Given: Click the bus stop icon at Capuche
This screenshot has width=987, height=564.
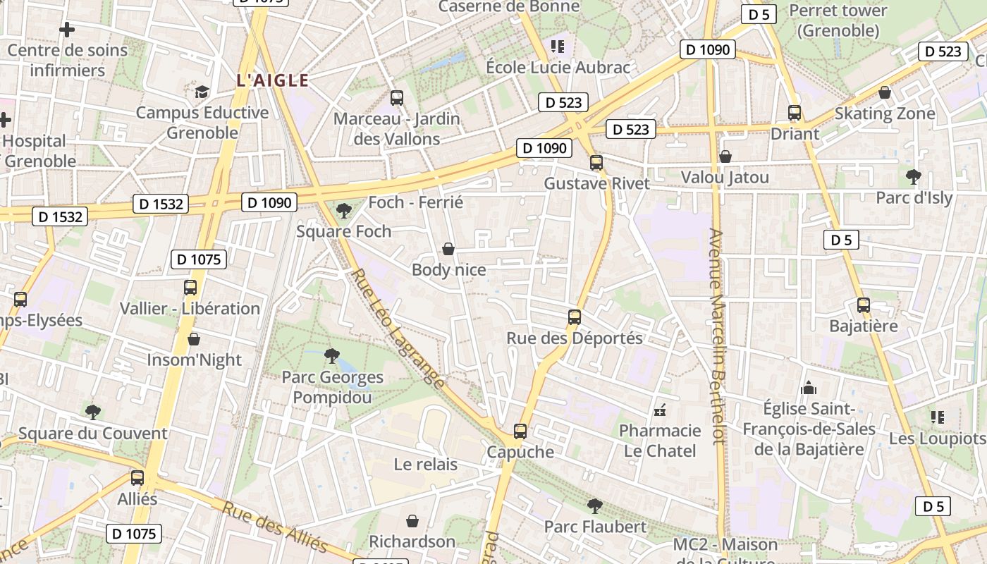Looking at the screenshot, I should tap(520, 431).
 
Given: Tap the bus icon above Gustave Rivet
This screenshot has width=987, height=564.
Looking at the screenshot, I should tap(596, 163).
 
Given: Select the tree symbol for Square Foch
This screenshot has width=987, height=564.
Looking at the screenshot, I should tap(344, 210).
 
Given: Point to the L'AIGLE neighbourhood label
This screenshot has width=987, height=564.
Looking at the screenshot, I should tap(273, 80).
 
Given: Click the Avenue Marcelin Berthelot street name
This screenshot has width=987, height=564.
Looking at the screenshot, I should tap(717, 336).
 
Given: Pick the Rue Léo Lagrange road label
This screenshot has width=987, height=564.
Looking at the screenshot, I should tap(398, 329).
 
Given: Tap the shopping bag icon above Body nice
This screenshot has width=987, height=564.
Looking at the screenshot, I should tap(448, 249).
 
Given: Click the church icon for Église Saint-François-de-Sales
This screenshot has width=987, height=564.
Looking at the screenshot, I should tap(809, 388).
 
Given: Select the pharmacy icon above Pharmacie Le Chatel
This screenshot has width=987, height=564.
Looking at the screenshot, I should tap(661, 410).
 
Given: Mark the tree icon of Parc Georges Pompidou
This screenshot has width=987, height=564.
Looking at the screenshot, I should tap(331, 356).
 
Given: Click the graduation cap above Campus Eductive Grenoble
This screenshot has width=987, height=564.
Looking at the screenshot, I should tap(202, 92).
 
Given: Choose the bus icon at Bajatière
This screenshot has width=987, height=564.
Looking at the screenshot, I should tap(864, 305).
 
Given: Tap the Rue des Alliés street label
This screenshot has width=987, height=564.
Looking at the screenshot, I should tap(275, 527).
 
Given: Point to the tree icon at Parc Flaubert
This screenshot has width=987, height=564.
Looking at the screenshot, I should tap(595, 505).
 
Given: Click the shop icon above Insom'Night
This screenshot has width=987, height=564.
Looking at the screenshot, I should tap(194, 339).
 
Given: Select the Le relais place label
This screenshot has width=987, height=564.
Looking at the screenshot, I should tap(425, 465).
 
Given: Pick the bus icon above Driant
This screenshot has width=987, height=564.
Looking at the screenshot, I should tap(795, 113).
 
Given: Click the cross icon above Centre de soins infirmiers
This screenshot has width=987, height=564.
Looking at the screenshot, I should tap(67, 30).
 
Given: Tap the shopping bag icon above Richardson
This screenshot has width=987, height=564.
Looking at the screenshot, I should tap(412, 521).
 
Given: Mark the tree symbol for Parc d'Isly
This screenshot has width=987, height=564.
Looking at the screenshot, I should tap(913, 176).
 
